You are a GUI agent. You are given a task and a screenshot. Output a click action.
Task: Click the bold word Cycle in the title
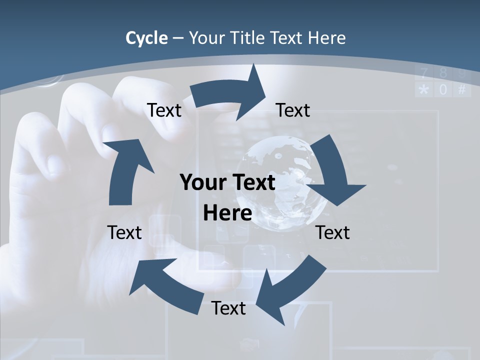[x=146, y=38]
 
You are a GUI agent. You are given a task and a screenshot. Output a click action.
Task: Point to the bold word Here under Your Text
[x=227, y=213]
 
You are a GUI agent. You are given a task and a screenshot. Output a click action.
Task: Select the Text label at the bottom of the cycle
[x=228, y=308]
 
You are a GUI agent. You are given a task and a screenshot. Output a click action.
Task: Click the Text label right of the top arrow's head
[x=293, y=110]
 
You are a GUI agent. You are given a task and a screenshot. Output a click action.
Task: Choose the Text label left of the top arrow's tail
[x=164, y=110]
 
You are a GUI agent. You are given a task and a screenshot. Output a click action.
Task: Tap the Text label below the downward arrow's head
[x=333, y=232]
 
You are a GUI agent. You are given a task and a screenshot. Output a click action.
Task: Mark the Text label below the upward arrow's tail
[x=124, y=232]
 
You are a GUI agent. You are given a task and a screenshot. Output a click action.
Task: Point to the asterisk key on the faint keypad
[x=424, y=90]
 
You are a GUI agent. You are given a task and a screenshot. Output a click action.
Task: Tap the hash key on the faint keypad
[x=461, y=90]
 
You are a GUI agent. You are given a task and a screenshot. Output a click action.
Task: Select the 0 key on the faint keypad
[x=443, y=90]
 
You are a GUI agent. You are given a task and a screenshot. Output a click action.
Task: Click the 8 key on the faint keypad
[x=443, y=74]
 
